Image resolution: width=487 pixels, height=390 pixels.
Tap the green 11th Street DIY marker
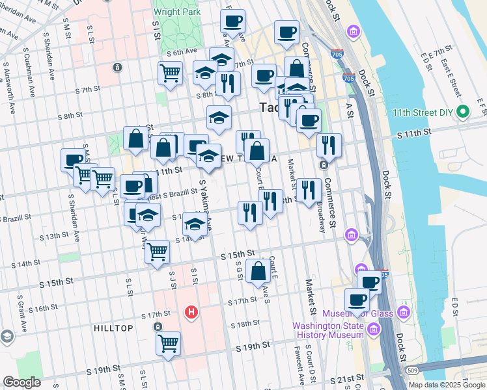[x=463, y=112]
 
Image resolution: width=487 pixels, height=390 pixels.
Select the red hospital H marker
[x=191, y=313]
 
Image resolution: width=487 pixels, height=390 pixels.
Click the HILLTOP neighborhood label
[x=113, y=328]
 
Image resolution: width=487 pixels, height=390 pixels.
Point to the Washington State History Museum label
[x=327, y=330]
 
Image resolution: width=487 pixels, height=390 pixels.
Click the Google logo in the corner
[x=22, y=382]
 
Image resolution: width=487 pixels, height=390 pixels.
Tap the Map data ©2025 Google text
[x=447, y=385]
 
